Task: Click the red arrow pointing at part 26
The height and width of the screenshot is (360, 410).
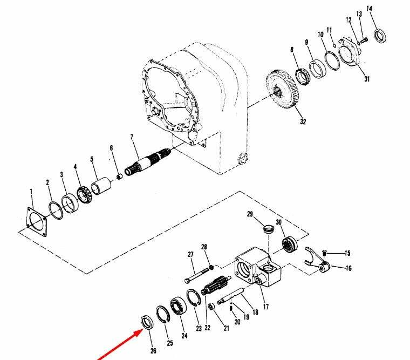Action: pyautogui.click(x=120, y=344)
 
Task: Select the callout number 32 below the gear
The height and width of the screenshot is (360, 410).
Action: pyautogui.click(x=303, y=121)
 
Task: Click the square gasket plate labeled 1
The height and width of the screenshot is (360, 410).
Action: pyautogui.click(x=37, y=222)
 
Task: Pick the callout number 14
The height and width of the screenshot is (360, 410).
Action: pyautogui.click(x=369, y=9)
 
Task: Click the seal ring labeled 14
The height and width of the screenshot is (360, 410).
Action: pyautogui.click(x=380, y=36)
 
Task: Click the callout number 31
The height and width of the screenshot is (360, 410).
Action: pyautogui.click(x=367, y=79)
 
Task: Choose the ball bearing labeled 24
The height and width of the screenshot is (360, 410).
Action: pyautogui.click(x=178, y=307)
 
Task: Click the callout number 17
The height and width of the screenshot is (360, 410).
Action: pyautogui.click(x=265, y=307)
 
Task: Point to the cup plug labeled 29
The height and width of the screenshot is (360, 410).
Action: pyautogui.click(x=269, y=229)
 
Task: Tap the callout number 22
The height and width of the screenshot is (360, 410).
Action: pyautogui.click(x=207, y=328)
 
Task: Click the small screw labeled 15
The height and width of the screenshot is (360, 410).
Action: pyautogui.click(x=324, y=253)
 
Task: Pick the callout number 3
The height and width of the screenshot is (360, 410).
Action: pyautogui.click(x=61, y=174)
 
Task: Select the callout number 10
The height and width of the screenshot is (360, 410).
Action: pyautogui.click(x=320, y=35)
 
